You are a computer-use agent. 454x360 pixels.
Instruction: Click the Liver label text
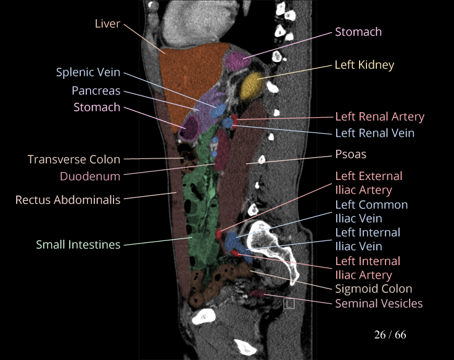(107, 23)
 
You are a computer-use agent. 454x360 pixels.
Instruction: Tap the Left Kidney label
(364, 65)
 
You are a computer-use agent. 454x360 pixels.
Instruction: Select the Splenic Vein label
(88, 73)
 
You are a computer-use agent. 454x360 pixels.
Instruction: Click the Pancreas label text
(96, 91)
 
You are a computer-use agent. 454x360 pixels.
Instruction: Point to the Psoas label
(350, 154)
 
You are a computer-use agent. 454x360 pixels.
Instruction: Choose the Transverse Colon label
(74, 160)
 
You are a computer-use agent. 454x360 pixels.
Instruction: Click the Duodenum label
(90, 176)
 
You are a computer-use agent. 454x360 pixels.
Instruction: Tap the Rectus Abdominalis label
(68, 200)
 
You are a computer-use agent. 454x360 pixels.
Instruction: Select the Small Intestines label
(78, 245)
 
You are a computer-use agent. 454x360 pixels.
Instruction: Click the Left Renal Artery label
(379, 117)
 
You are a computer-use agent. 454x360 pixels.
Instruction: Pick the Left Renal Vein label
(374, 133)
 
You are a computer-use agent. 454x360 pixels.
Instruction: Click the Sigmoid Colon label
(373, 288)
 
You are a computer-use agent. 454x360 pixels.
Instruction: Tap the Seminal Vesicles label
(379, 303)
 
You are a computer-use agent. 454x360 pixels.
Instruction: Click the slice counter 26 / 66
(390, 335)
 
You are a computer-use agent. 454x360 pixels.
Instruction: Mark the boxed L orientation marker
(289, 303)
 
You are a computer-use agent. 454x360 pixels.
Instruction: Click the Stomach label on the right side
(358, 31)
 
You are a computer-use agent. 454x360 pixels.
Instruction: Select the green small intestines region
(197, 210)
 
